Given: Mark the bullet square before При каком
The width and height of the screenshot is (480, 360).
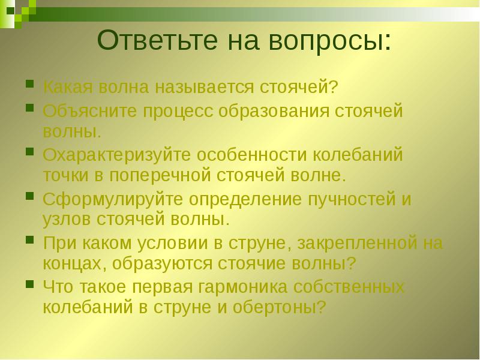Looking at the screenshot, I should (x=29, y=239).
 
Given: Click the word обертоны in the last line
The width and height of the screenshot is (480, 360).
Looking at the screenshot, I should (x=282, y=307).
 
